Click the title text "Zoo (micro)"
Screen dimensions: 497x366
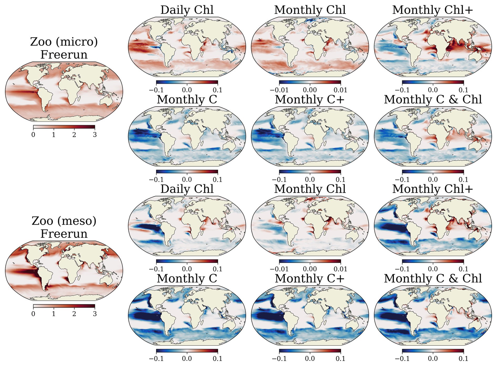(64, 42)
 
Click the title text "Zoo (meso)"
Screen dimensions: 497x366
(64, 221)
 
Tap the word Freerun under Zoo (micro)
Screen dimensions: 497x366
(64, 55)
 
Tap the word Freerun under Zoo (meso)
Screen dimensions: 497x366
(64, 234)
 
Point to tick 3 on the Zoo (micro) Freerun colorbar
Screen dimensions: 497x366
(95, 135)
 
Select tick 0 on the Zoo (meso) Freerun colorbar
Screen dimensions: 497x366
(33, 314)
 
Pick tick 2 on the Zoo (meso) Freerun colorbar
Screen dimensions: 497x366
(74, 314)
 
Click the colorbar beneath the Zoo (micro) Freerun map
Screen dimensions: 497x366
(64, 127)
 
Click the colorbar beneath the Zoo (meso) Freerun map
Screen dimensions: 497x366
(64, 306)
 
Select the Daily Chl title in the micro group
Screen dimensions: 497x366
(187, 10)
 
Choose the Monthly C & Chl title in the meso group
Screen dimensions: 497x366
(433, 279)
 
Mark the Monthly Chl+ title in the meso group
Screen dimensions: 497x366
(433, 189)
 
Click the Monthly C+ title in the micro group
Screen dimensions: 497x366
(310, 100)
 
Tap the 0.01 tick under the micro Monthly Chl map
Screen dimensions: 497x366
(340, 90)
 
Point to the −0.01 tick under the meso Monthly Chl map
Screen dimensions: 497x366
(279, 269)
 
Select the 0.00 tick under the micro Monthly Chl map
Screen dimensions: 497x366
(310, 90)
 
